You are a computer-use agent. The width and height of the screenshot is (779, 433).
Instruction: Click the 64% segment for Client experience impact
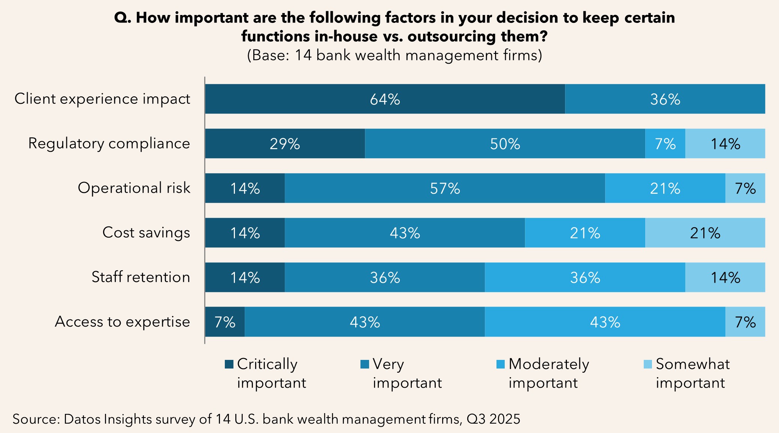385,99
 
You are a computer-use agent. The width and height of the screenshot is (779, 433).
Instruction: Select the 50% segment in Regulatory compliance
505,144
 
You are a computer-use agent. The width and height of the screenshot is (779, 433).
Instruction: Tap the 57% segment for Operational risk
445,188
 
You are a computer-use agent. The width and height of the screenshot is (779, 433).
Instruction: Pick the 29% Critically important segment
285,144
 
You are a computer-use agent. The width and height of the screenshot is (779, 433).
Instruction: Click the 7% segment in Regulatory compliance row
665,144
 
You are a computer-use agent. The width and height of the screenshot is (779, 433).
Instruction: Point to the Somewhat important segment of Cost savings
705,233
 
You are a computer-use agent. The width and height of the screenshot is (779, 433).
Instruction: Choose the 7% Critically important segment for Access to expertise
225,322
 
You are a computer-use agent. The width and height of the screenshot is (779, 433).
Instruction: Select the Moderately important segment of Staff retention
585,277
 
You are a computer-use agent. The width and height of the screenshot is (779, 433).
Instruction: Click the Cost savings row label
146,233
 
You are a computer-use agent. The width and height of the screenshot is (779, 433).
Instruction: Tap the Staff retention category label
141,277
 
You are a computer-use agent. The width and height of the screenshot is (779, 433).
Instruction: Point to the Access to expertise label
123,322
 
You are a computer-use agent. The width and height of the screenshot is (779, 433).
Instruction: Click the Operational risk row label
134,188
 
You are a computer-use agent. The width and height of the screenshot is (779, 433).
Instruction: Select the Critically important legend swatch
229,364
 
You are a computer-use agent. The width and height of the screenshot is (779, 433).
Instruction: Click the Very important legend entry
401,373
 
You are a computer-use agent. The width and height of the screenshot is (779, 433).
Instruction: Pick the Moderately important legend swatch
500,364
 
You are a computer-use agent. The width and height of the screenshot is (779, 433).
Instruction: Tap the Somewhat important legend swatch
647,364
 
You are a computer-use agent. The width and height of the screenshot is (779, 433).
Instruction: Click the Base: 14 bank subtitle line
394,55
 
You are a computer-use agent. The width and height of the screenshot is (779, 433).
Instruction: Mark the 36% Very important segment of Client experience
665,99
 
